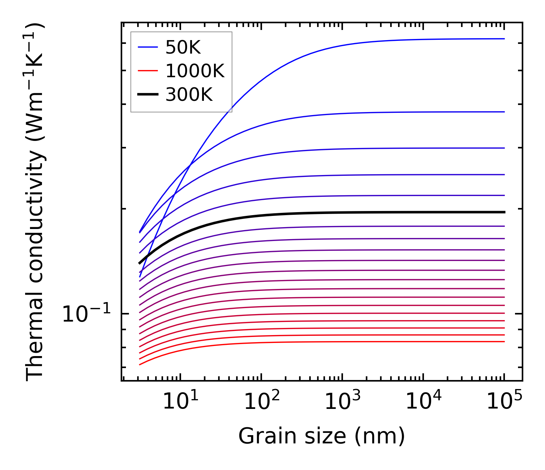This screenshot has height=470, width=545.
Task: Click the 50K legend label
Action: (183, 48)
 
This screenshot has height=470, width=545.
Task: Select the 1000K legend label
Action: (195, 71)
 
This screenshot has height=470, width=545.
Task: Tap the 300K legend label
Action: (189, 94)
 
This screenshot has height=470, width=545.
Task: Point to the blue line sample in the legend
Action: (148, 47)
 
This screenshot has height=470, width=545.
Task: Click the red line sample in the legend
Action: (148, 71)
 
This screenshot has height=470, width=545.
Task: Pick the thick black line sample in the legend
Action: (148, 94)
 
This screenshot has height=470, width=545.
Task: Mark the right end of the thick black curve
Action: (505, 212)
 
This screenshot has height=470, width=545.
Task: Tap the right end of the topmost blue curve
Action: (505, 39)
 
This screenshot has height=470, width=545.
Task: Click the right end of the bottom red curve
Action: (505, 341)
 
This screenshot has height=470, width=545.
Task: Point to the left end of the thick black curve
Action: (139, 263)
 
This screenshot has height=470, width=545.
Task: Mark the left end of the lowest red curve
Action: (139, 364)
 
